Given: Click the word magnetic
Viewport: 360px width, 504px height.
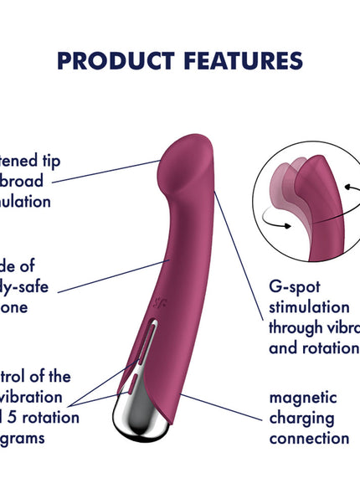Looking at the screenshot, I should pos(303,397).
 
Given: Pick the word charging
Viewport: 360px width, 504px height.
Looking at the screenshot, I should pos(301,417).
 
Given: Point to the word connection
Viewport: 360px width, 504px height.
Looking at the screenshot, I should pos(309,437).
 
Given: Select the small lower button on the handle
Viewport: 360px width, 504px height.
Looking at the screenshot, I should pos(133,384).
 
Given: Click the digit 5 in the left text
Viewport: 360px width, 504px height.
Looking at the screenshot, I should pos(19,417).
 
